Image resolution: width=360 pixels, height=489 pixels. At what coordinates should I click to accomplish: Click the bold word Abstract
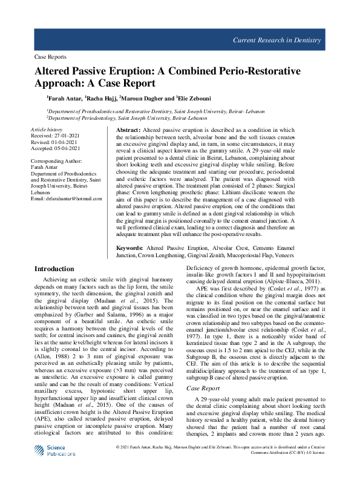tap(128, 131)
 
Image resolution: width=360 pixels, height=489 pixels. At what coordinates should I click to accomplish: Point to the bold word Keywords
tap(129, 248)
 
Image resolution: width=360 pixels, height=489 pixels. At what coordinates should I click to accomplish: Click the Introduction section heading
tap(54, 269)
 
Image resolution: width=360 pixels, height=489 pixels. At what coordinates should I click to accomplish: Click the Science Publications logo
tap(54, 467)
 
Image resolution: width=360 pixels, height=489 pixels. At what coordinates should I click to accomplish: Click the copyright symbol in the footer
tap(117, 464)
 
